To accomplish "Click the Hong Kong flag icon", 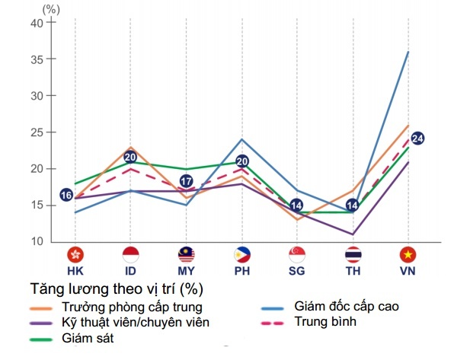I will (x=75, y=254).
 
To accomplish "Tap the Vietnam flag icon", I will (x=408, y=254).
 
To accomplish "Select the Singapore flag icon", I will (x=297, y=254).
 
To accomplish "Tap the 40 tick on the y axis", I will (x=37, y=23).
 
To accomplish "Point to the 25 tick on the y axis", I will (x=37, y=132).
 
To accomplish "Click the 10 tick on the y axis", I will (x=37, y=242).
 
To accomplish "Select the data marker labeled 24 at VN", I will (x=417, y=139).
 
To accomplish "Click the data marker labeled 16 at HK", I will (x=66, y=195).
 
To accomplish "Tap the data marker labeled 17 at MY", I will (x=186, y=181).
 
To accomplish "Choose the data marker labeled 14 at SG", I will (x=297, y=205).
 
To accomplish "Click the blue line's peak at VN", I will (x=408, y=52).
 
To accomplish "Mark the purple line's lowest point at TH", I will (x=353, y=234).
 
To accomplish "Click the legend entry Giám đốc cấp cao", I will (x=347, y=307).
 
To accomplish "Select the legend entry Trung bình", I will (x=324, y=323).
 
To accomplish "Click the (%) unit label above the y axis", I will (x=51, y=9).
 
